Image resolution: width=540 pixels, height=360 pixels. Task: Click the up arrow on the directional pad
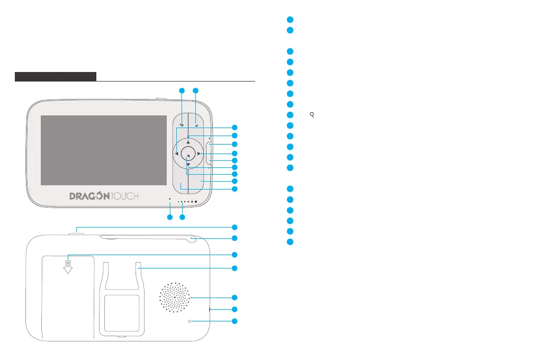[x=188, y=142]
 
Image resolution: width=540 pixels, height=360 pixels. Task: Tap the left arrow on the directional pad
[x=177, y=154]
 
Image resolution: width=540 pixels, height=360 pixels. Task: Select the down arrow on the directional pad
[x=188, y=165]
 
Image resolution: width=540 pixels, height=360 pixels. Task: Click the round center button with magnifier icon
[x=188, y=154]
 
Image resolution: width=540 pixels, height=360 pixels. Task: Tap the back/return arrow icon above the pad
[x=182, y=125]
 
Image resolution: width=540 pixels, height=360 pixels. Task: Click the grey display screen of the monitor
[x=104, y=150]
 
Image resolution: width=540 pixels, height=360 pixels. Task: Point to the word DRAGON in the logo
[x=89, y=196]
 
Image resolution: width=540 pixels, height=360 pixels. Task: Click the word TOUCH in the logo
[x=124, y=196]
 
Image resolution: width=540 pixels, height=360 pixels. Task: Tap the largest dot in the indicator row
[x=196, y=202]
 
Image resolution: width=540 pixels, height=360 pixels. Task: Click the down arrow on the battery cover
[x=68, y=267]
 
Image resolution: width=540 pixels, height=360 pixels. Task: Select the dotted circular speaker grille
[x=174, y=298]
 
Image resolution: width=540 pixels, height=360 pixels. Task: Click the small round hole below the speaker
[x=190, y=321]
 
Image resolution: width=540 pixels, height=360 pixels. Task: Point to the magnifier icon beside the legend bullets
[x=312, y=115]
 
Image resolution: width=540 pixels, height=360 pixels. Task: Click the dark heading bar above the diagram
[x=56, y=76]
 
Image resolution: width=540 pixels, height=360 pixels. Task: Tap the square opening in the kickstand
[x=122, y=313]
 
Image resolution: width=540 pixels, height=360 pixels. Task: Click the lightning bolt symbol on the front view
[x=210, y=139]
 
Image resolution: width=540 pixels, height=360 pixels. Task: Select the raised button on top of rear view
[x=76, y=234]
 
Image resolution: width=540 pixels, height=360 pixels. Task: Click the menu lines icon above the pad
[x=196, y=125]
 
